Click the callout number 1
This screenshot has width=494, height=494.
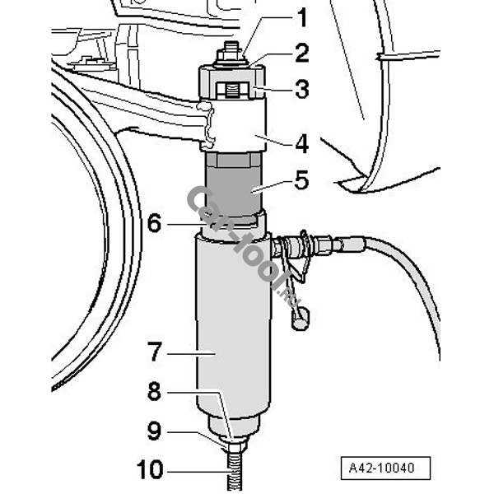coord(302,17)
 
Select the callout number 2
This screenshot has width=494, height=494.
coord(302,54)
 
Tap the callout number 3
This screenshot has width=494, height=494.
coord(302,89)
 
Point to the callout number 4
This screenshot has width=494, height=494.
coord(302,144)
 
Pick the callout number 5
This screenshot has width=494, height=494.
coord(301,180)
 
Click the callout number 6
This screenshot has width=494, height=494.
coord(155,223)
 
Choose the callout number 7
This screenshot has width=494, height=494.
coord(155,352)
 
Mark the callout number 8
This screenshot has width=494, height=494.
coord(155,392)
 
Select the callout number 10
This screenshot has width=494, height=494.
coord(150,469)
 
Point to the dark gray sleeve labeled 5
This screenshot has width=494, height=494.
coord(233,184)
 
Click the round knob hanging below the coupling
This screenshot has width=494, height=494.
coord(301,319)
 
